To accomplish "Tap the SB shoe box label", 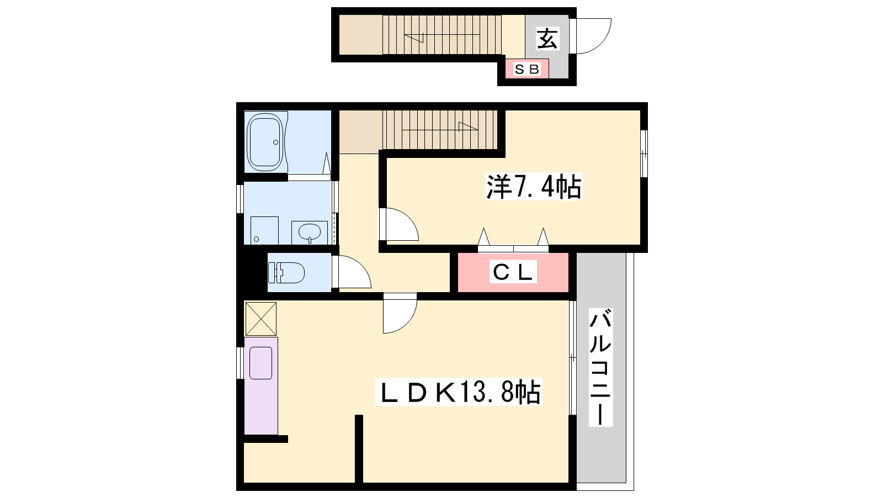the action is pos(527,70).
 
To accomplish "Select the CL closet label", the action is pos(513,271).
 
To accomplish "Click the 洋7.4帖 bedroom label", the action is pos(534,187).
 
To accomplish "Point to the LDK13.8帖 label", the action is pos(459,392).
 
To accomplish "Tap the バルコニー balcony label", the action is pos(601,368).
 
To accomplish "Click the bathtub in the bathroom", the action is pos(265,142).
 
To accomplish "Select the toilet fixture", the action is pos(286,273).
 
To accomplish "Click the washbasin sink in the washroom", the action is pos(310,232).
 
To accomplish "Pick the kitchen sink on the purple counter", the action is pos(261,363).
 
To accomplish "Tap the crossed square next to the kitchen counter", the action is pos(260,319).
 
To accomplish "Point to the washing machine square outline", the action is pos(264,230).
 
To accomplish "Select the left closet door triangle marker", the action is pos(483,237).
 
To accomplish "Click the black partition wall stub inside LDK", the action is pos(359,449).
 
